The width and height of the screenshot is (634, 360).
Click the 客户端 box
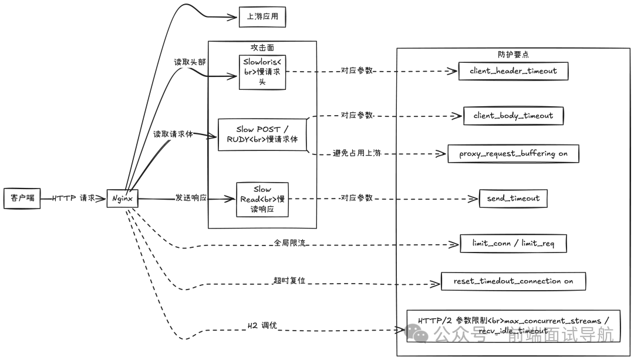tap(22, 198)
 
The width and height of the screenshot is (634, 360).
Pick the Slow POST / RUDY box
tap(262, 134)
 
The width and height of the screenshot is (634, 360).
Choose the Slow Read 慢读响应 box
tap(262, 199)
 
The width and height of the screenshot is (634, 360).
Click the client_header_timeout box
tap(513, 70)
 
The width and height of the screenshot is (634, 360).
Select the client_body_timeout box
tap(513, 116)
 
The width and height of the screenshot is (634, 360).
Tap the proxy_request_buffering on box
tap(513, 153)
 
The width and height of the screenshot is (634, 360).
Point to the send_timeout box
tap(513, 198)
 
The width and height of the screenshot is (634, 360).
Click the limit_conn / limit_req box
tap(513, 243)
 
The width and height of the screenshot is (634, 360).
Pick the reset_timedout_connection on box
tap(513, 281)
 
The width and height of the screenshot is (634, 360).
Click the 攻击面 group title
tap(262, 48)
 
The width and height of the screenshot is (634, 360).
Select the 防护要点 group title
tap(513, 54)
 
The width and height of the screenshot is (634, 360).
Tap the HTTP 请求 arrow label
tap(73, 198)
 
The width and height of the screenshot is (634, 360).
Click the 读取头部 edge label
tap(190, 62)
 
